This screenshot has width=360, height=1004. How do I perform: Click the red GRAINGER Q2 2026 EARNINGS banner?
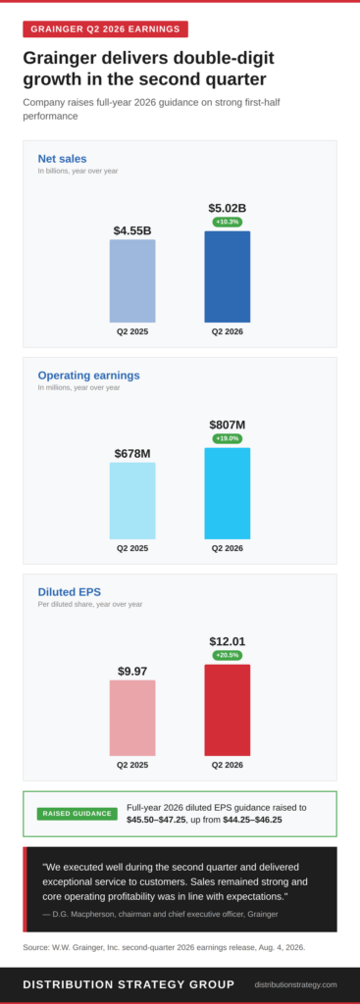point(106,28)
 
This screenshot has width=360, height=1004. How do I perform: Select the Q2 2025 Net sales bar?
point(132,281)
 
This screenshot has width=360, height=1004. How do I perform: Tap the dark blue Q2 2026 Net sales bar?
point(228,276)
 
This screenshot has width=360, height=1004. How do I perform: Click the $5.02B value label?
point(228,208)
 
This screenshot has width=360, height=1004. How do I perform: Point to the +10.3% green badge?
point(228,222)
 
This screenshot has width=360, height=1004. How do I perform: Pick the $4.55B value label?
point(132,230)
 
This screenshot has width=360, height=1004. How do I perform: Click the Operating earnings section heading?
point(88,376)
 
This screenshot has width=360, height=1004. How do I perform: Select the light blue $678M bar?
point(132,501)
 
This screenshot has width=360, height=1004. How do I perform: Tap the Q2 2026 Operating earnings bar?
point(228,494)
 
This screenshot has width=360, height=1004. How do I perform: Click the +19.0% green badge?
point(228,438)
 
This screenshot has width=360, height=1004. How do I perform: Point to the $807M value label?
point(228,425)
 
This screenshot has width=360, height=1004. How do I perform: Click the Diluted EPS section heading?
point(70,591)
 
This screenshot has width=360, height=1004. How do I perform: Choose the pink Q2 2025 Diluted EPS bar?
point(132,718)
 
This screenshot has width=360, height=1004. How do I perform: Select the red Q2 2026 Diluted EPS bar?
point(228,710)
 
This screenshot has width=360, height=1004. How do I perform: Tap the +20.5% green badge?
point(228,655)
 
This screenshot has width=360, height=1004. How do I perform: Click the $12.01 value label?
point(228,641)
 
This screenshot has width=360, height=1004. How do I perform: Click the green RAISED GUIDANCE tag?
point(77,814)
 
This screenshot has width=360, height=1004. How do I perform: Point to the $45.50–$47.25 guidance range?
point(154,820)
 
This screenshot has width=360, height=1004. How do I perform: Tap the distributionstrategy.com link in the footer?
point(295,984)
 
